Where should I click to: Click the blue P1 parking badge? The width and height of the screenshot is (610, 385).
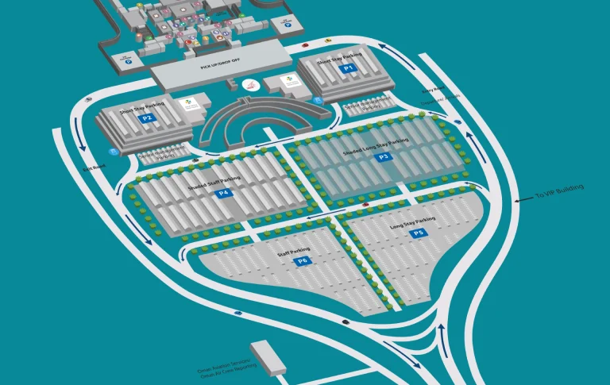click(348, 68)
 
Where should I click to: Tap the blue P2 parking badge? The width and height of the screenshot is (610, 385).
click(146, 118)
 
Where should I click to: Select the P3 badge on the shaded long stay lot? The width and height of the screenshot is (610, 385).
click(384, 157)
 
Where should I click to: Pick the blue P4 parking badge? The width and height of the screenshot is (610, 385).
click(223, 192)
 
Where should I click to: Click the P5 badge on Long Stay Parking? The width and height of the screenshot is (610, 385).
click(419, 233)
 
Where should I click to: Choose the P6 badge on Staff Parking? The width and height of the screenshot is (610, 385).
click(303, 260)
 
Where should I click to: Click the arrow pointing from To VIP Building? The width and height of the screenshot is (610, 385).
click(519, 201)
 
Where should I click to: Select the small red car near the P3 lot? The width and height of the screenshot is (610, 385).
click(365, 204)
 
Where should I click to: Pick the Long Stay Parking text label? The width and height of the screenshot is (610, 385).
click(413, 223)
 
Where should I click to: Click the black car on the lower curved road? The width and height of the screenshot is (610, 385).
click(346, 321)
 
